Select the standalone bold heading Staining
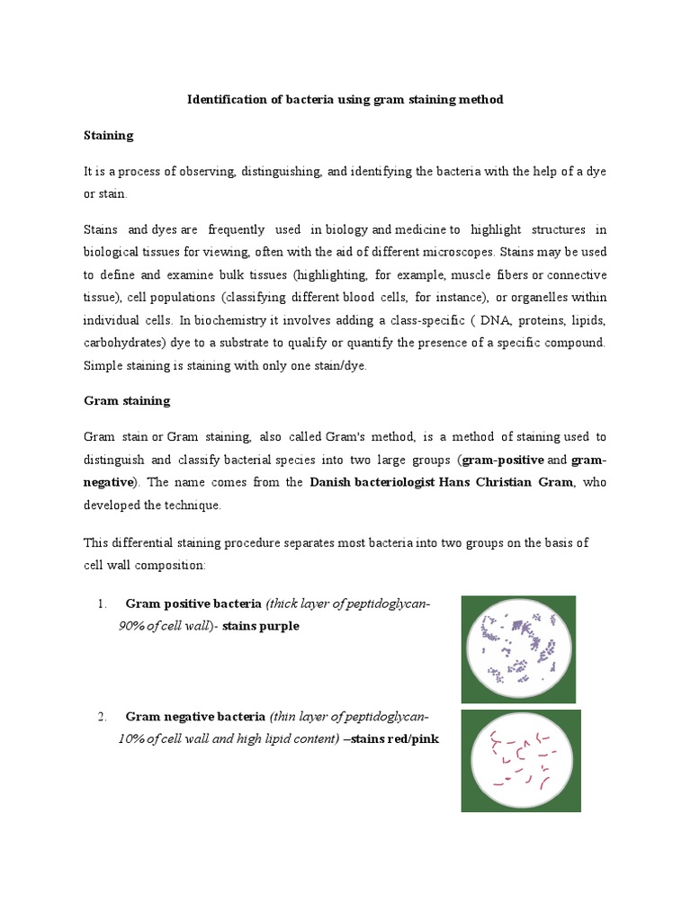click(108, 135)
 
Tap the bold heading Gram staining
click(127, 400)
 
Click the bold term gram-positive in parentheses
click(502, 460)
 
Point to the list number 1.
click(103, 604)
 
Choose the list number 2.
click(103, 717)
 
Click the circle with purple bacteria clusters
click(519, 649)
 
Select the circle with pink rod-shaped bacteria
click(521, 761)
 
